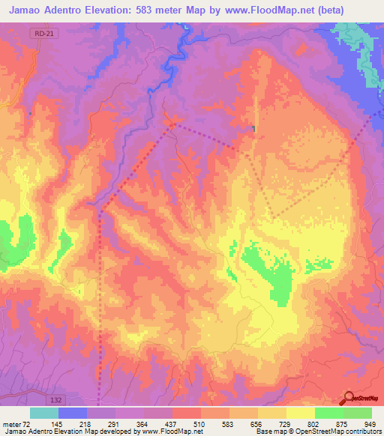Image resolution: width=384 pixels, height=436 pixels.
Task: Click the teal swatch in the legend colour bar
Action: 44,413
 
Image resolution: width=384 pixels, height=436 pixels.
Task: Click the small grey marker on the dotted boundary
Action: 254,129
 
